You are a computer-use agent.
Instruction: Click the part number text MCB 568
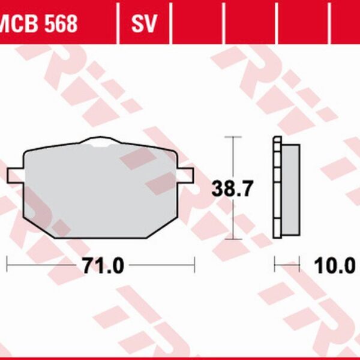(39, 23)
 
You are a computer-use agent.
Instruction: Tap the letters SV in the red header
(144, 23)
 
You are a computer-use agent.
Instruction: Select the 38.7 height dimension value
(232, 189)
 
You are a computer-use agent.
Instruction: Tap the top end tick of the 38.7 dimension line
(232, 137)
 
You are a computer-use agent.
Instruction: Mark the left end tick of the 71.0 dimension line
(7, 263)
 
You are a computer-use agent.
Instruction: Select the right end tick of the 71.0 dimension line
(194, 263)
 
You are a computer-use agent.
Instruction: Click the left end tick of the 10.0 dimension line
(274, 263)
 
